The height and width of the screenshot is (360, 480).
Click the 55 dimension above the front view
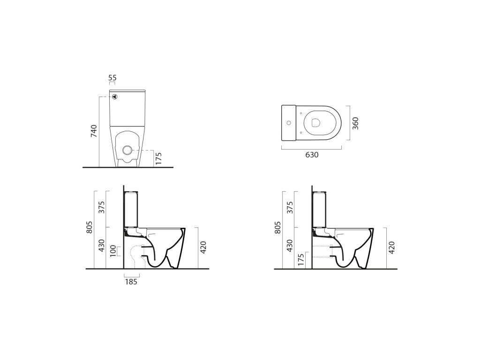pyautogui.click(x=112, y=78)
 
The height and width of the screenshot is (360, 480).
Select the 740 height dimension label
pyautogui.click(x=94, y=131)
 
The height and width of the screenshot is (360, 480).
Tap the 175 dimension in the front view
pyautogui.click(x=158, y=158)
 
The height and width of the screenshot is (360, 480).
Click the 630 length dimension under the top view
pyautogui.click(x=312, y=155)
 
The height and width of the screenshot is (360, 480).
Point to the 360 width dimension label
pyautogui.click(x=355, y=123)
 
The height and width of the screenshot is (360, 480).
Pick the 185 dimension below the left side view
pyautogui.click(x=131, y=282)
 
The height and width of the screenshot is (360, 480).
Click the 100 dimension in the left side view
pyautogui.click(x=113, y=251)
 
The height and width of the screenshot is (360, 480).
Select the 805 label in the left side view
pyautogui.click(x=89, y=227)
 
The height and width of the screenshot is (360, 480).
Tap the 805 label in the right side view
pyautogui.click(x=277, y=227)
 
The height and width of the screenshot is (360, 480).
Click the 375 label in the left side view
pyautogui.click(x=102, y=207)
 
